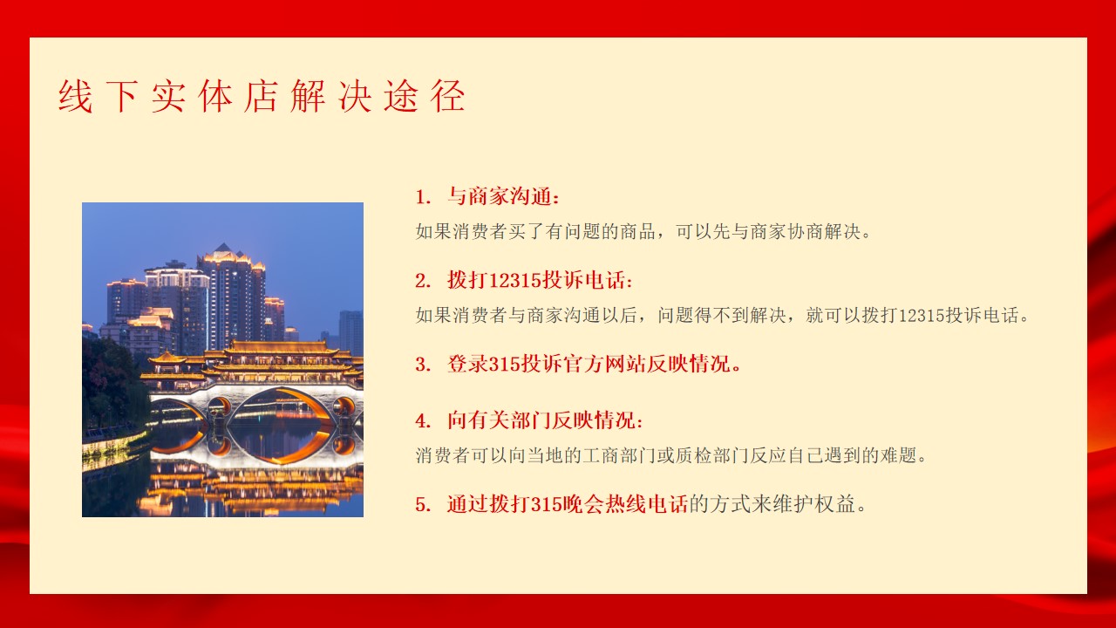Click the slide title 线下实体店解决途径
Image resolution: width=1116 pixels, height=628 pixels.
pos(262,96)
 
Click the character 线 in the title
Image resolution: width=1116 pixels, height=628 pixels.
pos(75,96)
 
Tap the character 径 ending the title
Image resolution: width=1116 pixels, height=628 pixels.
pos(448,96)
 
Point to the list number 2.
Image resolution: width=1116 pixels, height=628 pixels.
pos(423,281)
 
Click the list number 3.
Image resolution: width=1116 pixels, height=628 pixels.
pos(423,365)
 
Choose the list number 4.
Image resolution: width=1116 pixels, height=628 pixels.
pos(423,420)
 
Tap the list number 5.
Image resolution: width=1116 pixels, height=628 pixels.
pos(423,504)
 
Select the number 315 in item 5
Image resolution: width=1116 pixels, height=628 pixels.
pos(547,504)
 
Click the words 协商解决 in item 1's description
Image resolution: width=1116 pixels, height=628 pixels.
pos(825,232)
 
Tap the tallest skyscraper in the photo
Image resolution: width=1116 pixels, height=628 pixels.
pos(232,297)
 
